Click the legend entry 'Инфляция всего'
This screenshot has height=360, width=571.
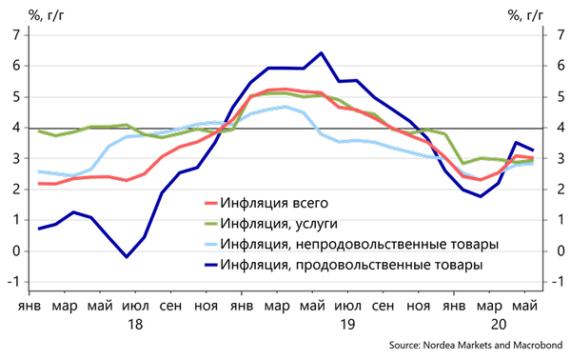coord(274,203)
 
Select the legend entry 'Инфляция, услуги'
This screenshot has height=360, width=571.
coord(279,224)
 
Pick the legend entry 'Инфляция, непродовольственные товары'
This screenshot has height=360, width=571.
coord(359,244)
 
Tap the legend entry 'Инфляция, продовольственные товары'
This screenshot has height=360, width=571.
coord(351,264)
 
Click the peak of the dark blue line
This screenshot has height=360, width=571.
coord(321,53)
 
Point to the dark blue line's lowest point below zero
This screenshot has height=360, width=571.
coord(127,257)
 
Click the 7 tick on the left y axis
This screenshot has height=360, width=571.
coord(17,35)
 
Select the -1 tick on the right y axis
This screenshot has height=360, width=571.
coord(558,281)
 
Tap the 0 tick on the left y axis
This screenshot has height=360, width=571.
coord(17,251)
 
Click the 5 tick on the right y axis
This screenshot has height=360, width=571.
coord(561,97)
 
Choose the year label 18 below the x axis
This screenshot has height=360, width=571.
coord(135,324)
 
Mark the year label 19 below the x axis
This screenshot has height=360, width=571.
coord(347,324)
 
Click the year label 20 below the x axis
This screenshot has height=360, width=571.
coord(499,324)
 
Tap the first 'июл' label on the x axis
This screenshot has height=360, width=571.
coord(135,306)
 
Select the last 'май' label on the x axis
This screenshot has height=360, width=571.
coord(524,306)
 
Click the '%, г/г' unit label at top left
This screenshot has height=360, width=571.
coord(46,15)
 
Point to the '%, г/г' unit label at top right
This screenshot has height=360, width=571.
coord(525,15)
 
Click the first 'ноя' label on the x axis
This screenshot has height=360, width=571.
coord(206,306)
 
